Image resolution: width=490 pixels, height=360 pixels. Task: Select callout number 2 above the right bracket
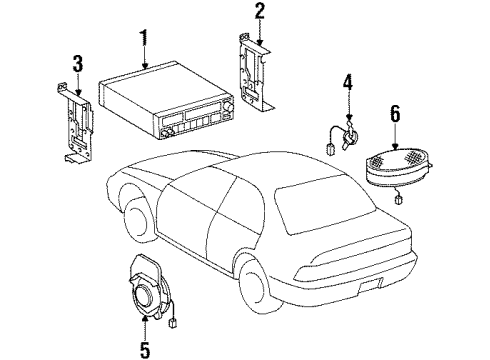[259, 13]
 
